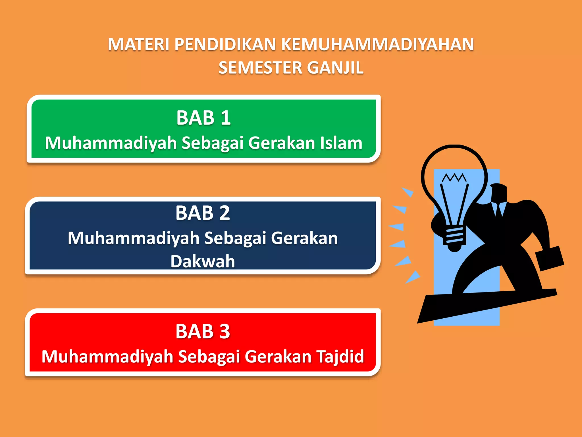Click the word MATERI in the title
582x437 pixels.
point(138,45)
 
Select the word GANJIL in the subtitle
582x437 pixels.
point(335,68)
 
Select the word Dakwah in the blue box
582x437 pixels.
point(203,261)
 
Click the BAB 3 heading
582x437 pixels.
point(202,331)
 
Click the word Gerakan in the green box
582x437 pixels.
point(282,143)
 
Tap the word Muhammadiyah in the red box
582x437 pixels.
point(107,356)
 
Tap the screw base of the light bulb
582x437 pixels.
point(455,236)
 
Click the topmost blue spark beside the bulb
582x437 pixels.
point(408,192)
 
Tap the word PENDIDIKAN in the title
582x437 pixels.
point(225,45)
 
